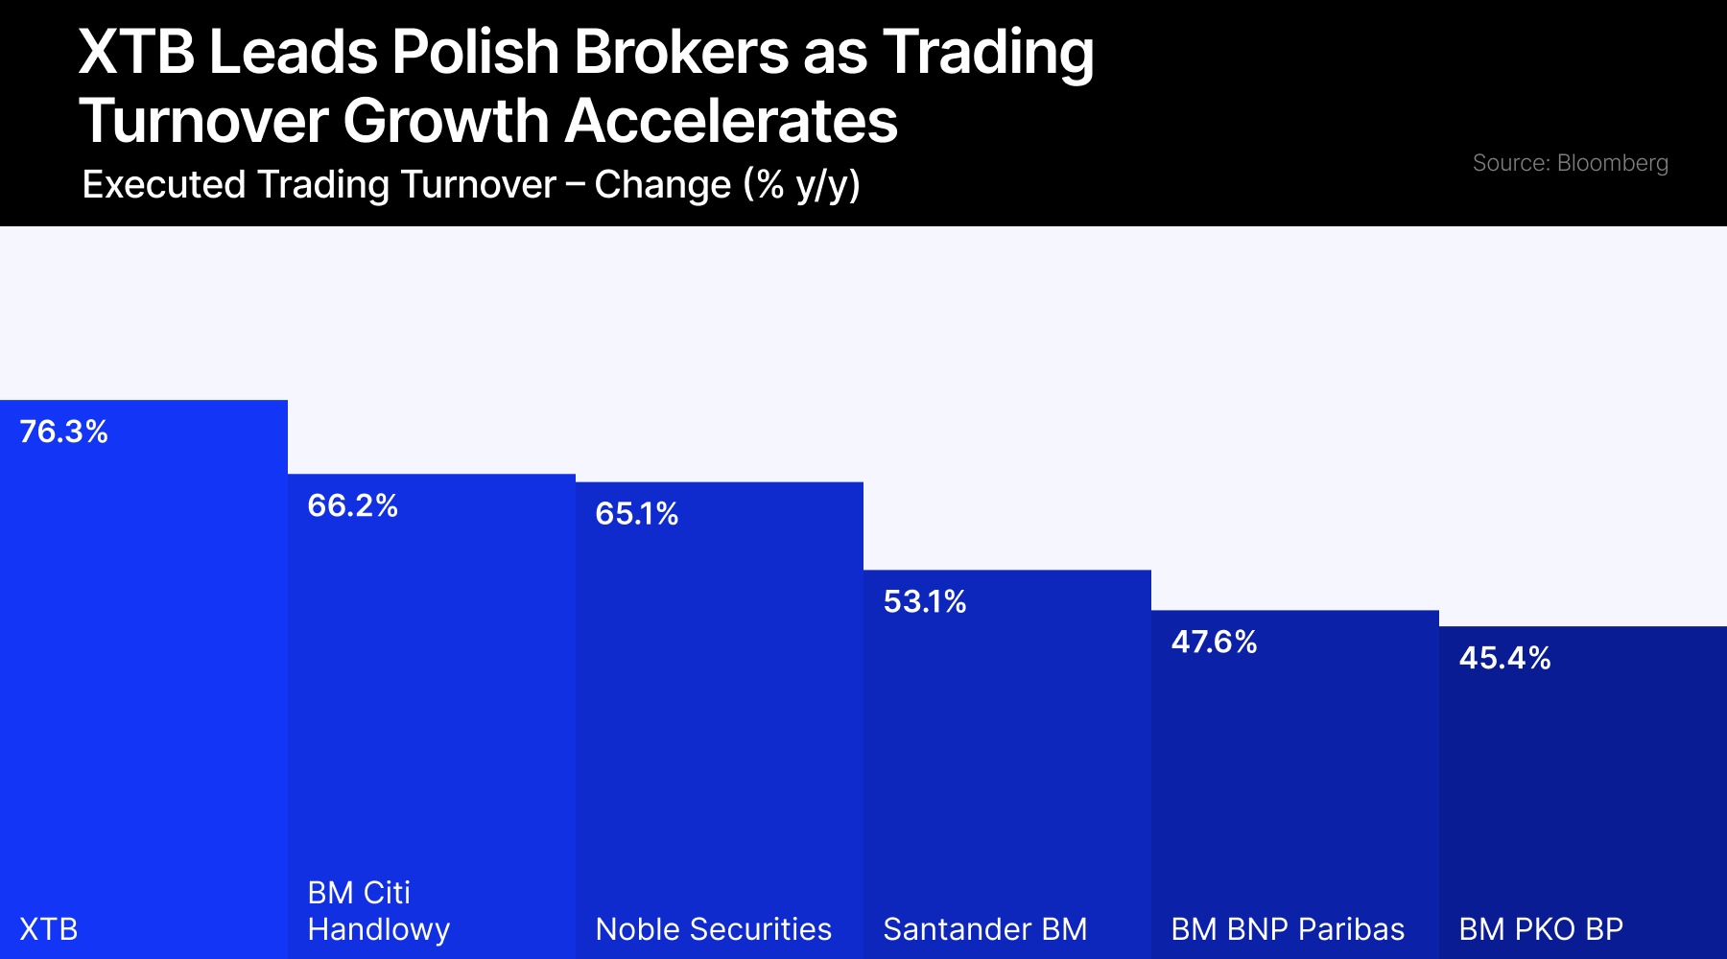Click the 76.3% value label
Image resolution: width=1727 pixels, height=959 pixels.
tap(63, 432)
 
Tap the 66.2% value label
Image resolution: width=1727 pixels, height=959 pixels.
tap(352, 505)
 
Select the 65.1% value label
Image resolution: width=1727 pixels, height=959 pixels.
tap(636, 514)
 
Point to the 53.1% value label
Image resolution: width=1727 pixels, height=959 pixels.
tap(924, 601)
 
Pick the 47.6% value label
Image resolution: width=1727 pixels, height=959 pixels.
tap(1214, 642)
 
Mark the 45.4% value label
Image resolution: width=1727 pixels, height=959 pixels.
tap(1504, 658)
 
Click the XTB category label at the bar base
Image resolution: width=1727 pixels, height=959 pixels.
tap(49, 929)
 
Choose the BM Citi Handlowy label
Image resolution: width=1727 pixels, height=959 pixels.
tap(378, 911)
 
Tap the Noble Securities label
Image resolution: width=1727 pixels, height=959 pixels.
tap(713, 929)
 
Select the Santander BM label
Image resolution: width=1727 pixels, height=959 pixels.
tap(984, 929)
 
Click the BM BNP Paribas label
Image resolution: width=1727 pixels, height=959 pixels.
tap(1288, 929)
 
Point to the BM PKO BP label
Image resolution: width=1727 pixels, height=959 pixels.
tap(1541, 929)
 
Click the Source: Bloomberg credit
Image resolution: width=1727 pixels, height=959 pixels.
tap(1570, 163)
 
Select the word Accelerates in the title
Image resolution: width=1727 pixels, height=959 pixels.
tap(731, 122)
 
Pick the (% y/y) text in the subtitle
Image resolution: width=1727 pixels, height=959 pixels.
tap(801, 185)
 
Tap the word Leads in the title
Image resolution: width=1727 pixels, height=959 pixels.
tap(293, 52)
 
